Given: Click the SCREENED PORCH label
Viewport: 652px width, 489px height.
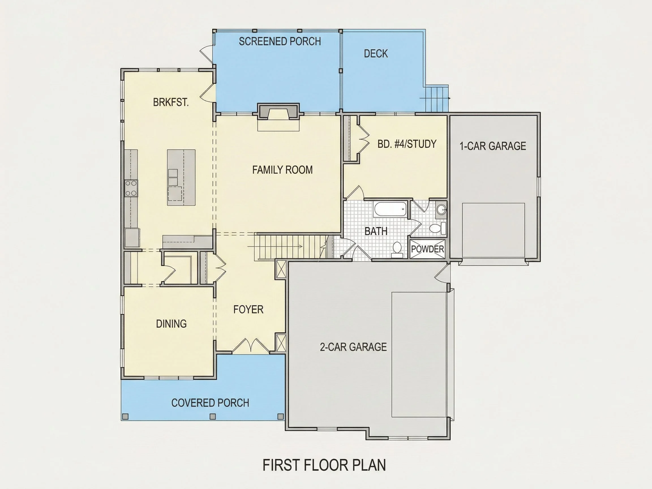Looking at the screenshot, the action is coord(280,41).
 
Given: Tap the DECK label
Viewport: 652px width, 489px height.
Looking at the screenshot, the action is coord(376,54).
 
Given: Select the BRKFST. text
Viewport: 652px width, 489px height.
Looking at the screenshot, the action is coord(171,102).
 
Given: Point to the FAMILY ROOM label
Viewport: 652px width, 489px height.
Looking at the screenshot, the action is coord(282,170).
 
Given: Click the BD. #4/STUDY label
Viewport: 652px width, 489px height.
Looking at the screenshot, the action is coord(407,144).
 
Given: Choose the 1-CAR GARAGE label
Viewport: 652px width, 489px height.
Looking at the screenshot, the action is coord(493,146).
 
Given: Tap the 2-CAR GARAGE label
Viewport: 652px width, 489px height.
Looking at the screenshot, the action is coord(353,347).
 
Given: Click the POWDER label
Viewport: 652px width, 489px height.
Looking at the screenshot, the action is coord(427,249).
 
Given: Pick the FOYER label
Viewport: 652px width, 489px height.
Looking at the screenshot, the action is coord(248,310).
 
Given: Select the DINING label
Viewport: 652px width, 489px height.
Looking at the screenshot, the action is coord(171,324).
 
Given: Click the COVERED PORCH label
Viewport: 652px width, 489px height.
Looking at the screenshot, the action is coord(210,403).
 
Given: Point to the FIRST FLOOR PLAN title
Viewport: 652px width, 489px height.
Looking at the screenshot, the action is coord(324,465).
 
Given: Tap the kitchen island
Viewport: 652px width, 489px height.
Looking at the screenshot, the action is coord(181,177).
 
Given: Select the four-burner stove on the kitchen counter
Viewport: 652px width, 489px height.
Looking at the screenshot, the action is coord(131,188).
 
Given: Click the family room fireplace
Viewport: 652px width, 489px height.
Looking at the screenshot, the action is coord(278,111).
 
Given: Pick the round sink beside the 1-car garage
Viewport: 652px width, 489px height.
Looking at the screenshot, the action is coord(441,210).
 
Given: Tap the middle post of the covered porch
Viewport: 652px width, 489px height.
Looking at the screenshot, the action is coord(213,417).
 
